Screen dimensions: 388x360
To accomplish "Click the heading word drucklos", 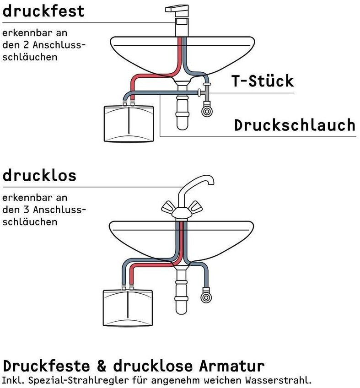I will point(39,175).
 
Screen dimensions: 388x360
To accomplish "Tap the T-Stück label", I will point(262,81).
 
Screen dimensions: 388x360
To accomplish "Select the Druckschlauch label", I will point(295,125).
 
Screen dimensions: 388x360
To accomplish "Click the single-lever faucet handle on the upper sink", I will point(181,8).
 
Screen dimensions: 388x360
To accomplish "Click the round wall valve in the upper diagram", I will point(208,110).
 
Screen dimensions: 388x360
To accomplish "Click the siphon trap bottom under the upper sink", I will point(183,124).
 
